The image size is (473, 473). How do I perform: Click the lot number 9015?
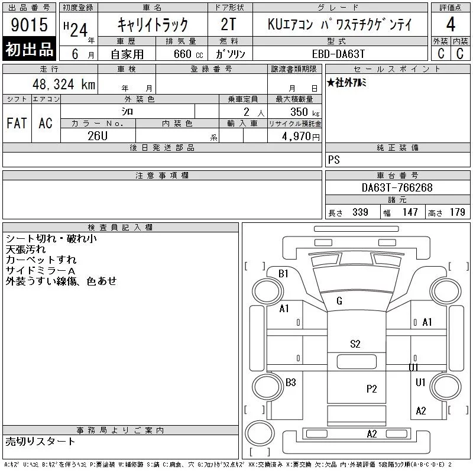pyautogui.click(x=29, y=25)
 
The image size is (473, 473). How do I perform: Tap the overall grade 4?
pyautogui.click(x=451, y=24)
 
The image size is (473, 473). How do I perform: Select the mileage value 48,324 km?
pyautogui.click(x=64, y=84)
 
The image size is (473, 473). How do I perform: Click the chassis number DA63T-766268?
pyautogui.click(x=397, y=187)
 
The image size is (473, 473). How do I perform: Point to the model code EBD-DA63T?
pyautogui.click(x=338, y=54)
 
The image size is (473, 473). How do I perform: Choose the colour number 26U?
pyautogui.click(x=98, y=136)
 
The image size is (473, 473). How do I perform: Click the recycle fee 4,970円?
pyautogui.click(x=301, y=137)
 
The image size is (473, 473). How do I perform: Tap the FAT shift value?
pyautogui.click(x=17, y=123)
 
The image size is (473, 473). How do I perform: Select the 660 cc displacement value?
pyautogui.click(x=188, y=54)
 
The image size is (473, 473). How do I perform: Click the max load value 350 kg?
pyautogui.click(x=304, y=112)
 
